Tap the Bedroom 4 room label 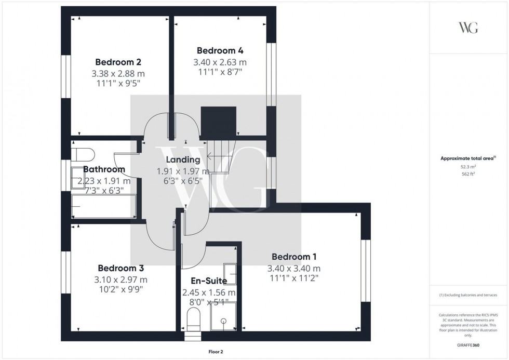(220, 50)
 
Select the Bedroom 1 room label (293, 257)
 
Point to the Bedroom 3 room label (120, 268)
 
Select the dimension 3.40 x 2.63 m (220, 62)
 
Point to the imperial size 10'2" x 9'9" (120, 290)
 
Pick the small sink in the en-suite (230, 271)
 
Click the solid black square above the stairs (218, 121)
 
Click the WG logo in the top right (468, 28)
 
